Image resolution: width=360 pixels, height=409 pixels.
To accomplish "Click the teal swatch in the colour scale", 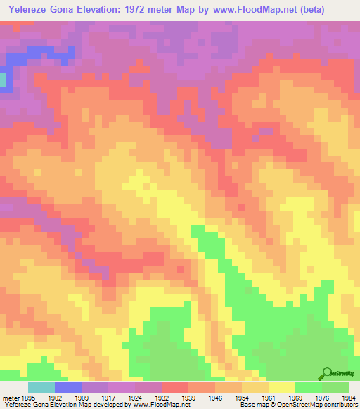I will click(x=41, y=387).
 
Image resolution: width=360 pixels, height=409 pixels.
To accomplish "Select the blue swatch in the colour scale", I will click(x=68, y=387).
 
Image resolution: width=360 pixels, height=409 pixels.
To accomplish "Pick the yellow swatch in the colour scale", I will click(x=282, y=387).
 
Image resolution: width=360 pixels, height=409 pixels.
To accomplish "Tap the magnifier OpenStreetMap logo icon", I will click(x=326, y=373).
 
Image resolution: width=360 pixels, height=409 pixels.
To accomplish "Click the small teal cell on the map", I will click(x=3, y=80).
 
